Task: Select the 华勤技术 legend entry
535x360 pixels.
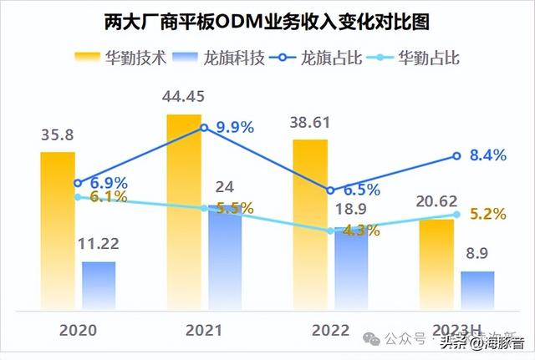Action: [x=122, y=58]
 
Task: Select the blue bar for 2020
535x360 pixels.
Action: [x=99, y=284]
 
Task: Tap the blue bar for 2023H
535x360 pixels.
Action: [x=477, y=289]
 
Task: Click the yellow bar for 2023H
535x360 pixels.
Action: [x=436, y=263]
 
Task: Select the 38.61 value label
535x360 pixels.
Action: [x=310, y=123]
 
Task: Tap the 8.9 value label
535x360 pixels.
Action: [x=477, y=255]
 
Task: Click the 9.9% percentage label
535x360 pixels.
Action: [x=234, y=128]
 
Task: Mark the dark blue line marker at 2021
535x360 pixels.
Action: [x=204, y=128]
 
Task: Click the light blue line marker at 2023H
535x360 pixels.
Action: [x=456, y=215]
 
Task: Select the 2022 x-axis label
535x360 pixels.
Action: [x=330, y=329]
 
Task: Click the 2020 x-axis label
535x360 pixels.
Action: [x=78, y=329]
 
